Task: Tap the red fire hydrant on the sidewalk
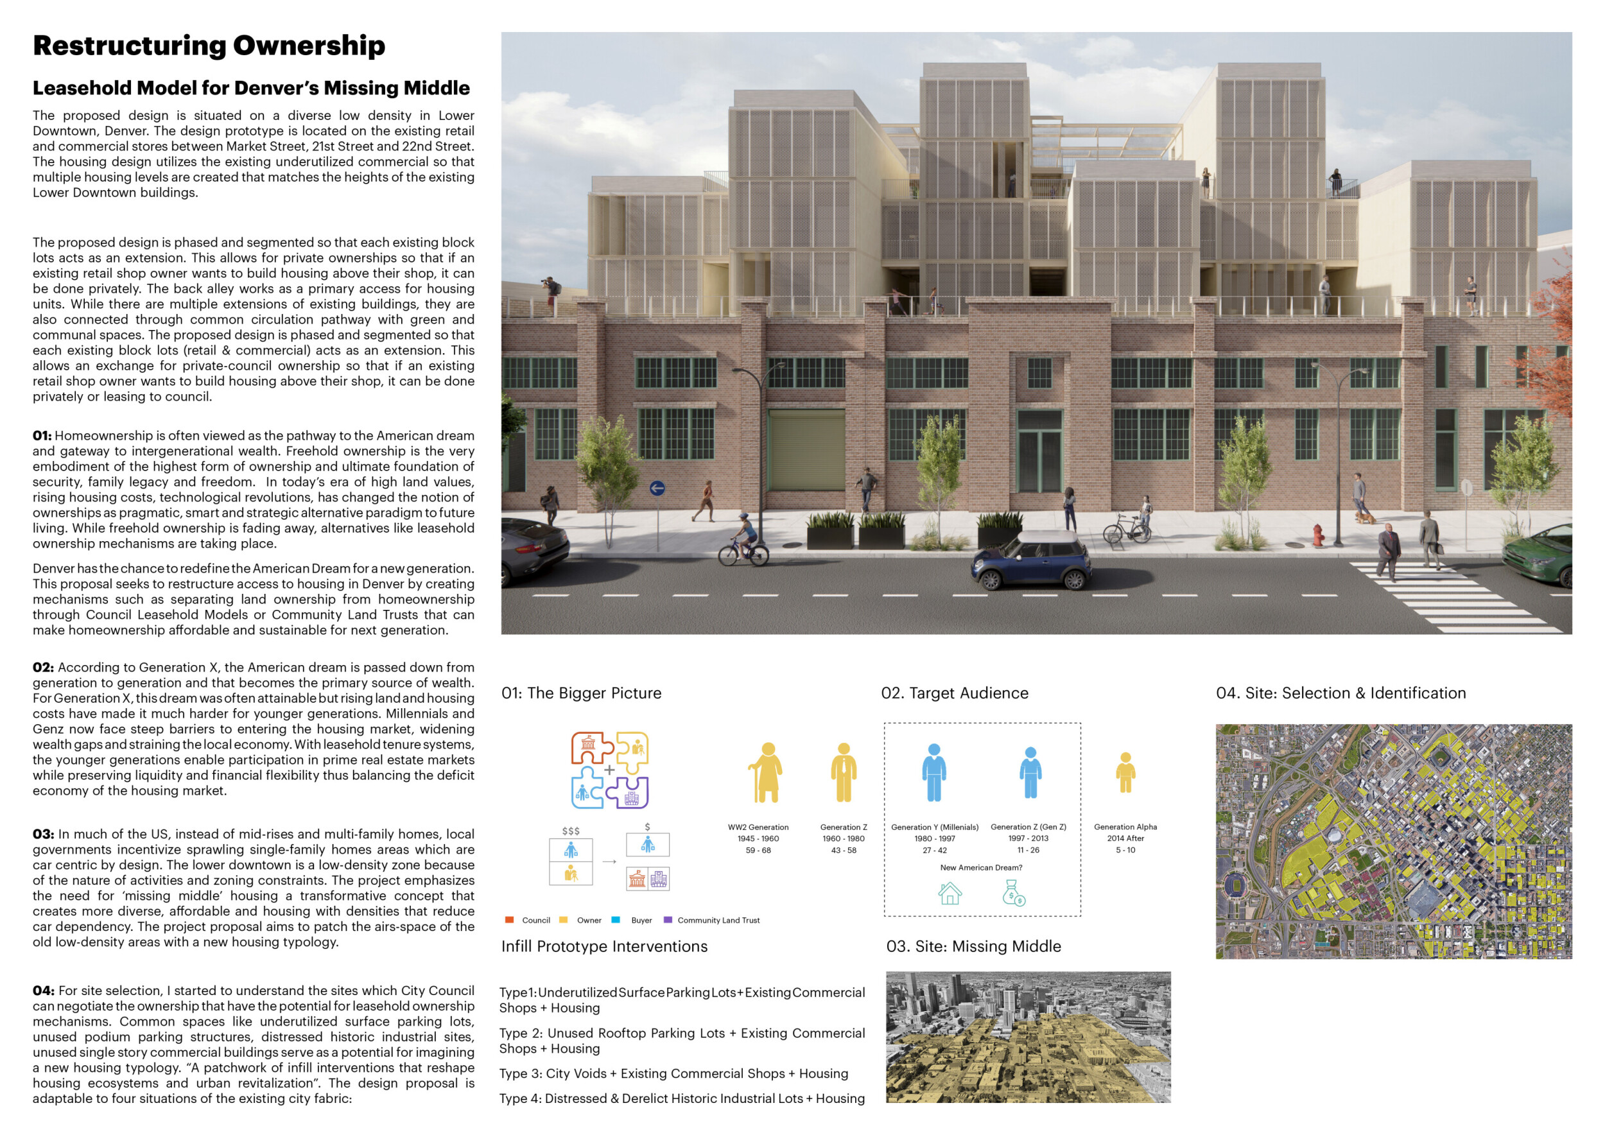click(x=1317, y=535)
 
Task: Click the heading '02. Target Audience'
click(x=954, y=693)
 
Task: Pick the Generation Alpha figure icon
click(x=1125, y=772)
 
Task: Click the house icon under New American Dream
click(x=950, y=893)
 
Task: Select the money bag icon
click(x=1013, y=893)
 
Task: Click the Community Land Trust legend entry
click(x=718, y=921)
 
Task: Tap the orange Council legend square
click(x=510, y=920)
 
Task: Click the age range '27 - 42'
click(x=934, y=851)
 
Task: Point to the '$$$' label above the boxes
click(x=571, y=831)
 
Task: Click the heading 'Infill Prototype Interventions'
click(x=604, y=946)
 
